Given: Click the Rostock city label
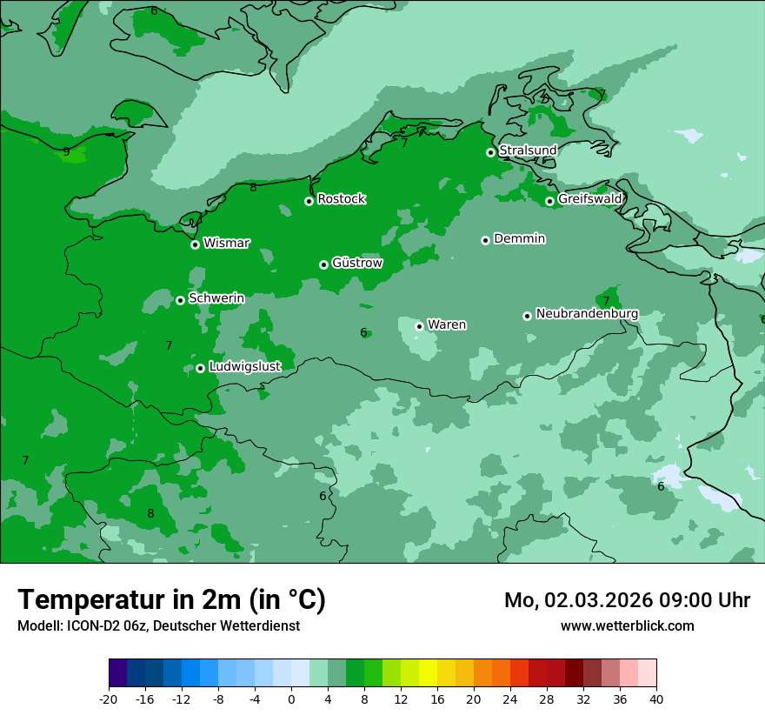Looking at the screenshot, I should tap(341, 199).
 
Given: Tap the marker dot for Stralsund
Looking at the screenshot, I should tap(491, 152).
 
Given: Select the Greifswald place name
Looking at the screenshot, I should tap(589, 199).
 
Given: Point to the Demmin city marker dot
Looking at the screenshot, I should tap(485, 240).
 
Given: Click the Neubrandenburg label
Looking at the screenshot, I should tap(587, 314).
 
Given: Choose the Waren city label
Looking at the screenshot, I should tap(446, 325).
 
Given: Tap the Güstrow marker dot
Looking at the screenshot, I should tap(323, 264).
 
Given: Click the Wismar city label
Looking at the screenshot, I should tap(226, 244).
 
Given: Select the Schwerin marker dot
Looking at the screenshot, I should tap(181, 300).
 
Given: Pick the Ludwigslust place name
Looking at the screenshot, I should tap(244, 367).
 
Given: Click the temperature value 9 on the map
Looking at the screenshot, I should tap(66, 151).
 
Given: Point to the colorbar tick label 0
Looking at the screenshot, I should tap(291, 699).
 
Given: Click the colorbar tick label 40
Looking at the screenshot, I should tap(655, 699).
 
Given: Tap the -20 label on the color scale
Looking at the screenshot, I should tap(109, 699).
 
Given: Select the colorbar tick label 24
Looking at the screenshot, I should tap(510, 699).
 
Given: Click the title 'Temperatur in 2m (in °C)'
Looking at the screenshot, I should tap(171, 600).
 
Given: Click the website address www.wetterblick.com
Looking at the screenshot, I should tap(627, 626).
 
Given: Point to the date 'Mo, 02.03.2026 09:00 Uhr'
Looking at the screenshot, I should tap(627, 600).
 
